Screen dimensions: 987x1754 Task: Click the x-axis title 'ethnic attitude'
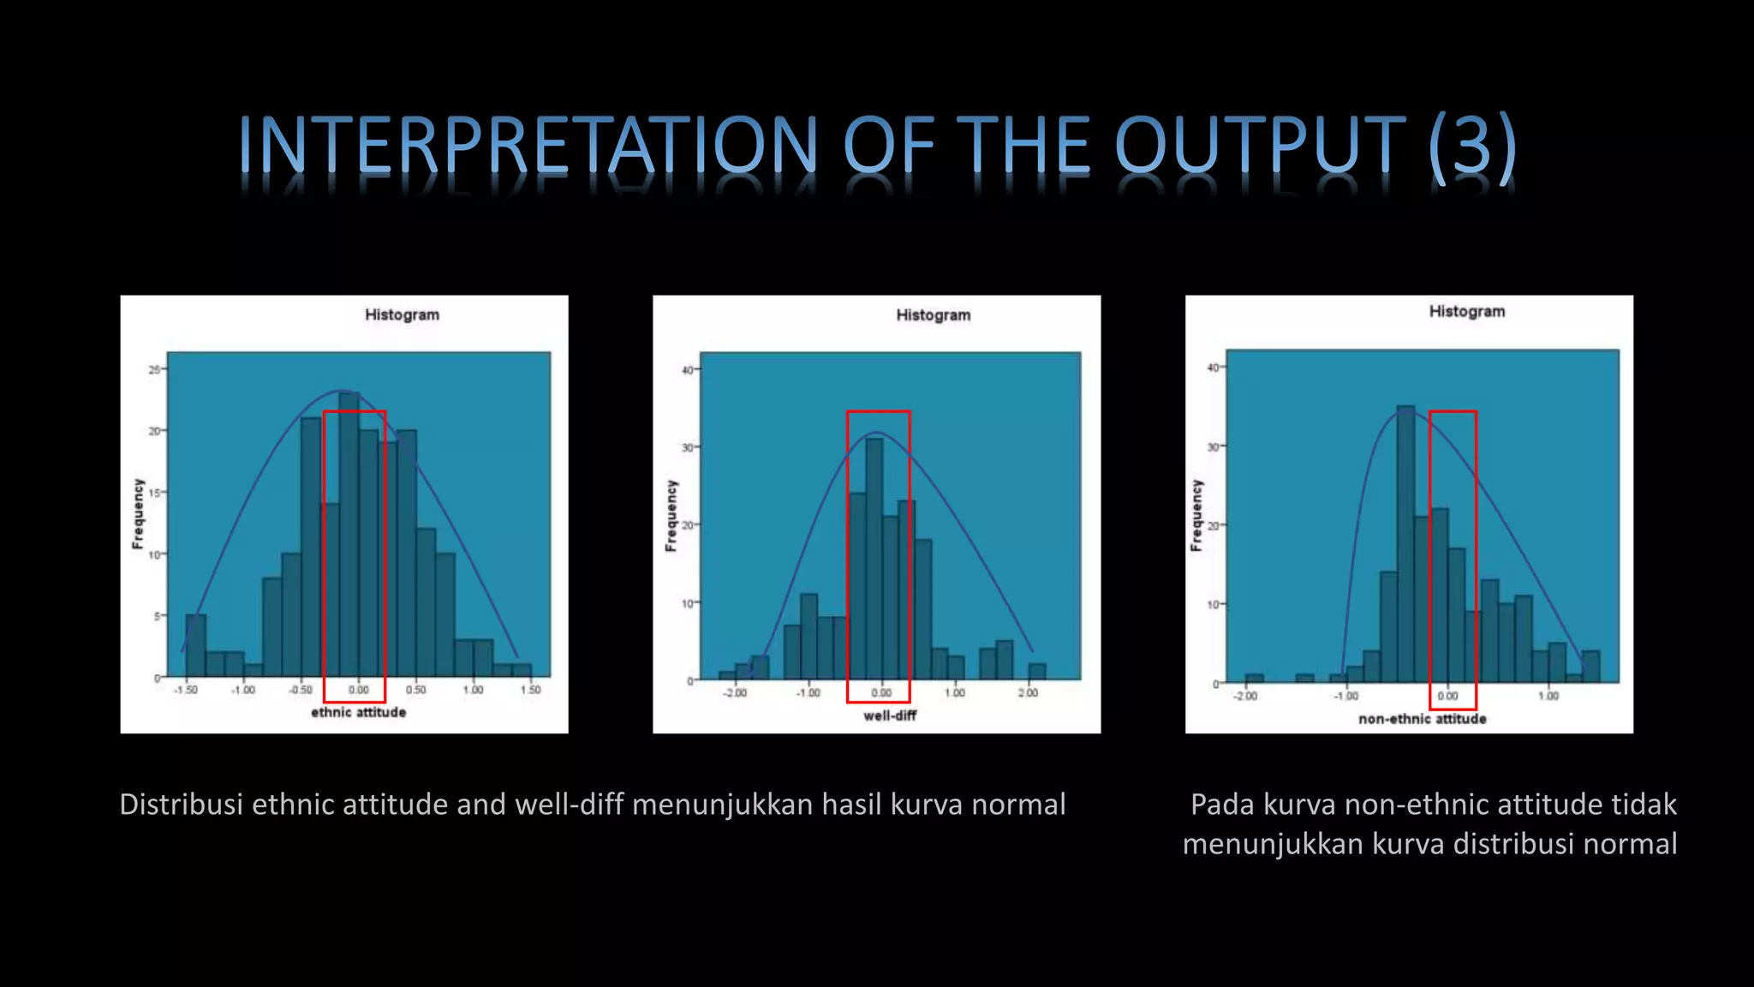click(x=358, y=713)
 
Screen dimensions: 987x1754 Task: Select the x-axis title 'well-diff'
click(x=890, y=715)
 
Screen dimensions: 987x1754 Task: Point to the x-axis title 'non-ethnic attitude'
click(x=1422, y=719)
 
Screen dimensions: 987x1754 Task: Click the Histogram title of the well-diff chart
click(x=934, y=315)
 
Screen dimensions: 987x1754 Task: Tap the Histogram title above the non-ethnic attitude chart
click(x=1466, y=312)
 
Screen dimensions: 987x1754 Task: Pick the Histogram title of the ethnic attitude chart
click(x=402, y=314)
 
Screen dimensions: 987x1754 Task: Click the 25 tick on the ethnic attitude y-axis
click(x=154, y=370)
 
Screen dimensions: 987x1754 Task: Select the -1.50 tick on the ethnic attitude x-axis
click(x=185, y=690)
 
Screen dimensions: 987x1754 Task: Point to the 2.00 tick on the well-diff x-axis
click(x=1028, y=693)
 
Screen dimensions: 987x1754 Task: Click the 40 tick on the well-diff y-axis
click(x=688, y=370)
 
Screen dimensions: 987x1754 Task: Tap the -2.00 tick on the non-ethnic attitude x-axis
click(x=1245, y=697)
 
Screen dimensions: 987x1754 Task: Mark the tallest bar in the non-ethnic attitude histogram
click(x=1405, y=548)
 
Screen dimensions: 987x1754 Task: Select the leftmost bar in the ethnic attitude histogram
click(x=195, y=647)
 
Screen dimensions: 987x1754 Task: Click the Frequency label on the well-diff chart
click(x=671, y=515)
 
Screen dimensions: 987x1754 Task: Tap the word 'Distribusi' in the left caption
click(x=181, y=805)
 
